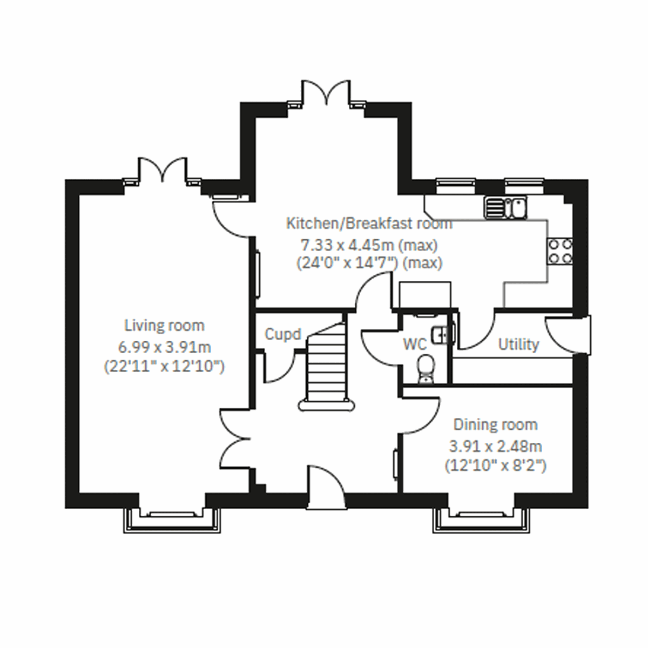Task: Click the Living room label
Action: pos(164,326)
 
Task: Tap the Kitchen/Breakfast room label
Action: pos(369,223)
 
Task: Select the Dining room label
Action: pos(495,425)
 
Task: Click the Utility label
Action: pos(518,345)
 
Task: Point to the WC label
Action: pos(414,345)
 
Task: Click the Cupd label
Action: pos(282,335)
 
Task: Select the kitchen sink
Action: pos(507,208)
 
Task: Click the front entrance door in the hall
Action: pos(326,483)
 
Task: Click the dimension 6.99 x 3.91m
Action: pos(164,347)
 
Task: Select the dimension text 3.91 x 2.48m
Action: pos(495,447)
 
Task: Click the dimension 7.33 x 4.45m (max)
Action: pos(369,245)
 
